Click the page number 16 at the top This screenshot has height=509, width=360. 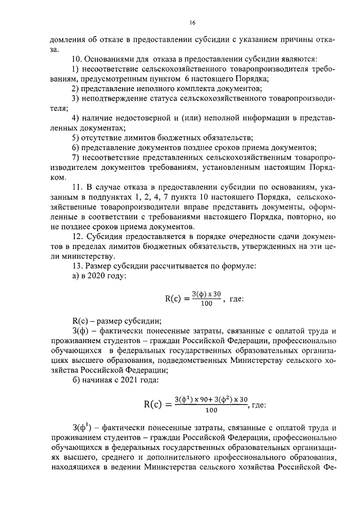pyautogui.click(x=192, y=23)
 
